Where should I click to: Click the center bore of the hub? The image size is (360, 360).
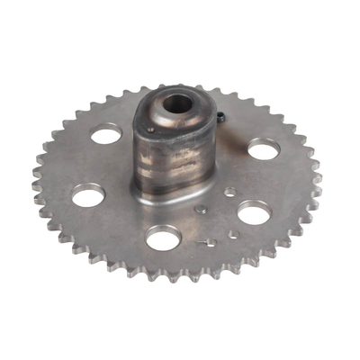click(x=177, y=103)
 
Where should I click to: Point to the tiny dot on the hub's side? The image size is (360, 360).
click(x=149, y=130)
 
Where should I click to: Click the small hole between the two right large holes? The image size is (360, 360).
click(x=230, y=192)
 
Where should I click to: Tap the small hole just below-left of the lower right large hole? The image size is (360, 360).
click(x=233, y=234)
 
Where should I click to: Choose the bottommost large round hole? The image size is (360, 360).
click(x=162, y=238)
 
